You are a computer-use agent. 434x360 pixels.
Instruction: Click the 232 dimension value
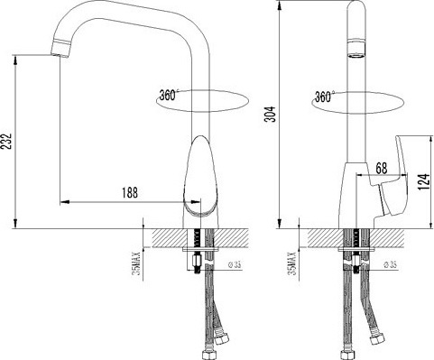point(8,142)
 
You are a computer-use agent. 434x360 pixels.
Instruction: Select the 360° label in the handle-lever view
point(326,96)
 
